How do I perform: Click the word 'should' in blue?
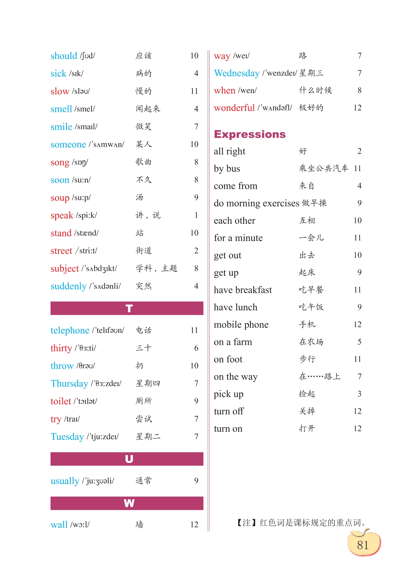coord(63,56)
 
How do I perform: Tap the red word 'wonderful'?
coord(234,108)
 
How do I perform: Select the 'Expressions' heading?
coord(250,134)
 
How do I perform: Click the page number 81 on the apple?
coord(363,545)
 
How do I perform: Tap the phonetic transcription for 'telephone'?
coord(108,330)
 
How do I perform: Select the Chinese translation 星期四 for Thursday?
coord(148,383)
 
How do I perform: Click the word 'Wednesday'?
coord(236,73)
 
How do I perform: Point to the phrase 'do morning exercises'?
coord(256,203)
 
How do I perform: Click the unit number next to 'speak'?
coord(196,215)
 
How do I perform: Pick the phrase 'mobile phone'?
coord(241,325)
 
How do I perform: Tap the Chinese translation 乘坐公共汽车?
coord(323,168)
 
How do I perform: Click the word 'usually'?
coord(65,481)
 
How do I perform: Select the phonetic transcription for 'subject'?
coord(99,268)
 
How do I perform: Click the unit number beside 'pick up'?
coord(359,394)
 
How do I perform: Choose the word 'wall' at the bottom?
coord(59,525)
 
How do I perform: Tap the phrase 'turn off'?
coord(229,411)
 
